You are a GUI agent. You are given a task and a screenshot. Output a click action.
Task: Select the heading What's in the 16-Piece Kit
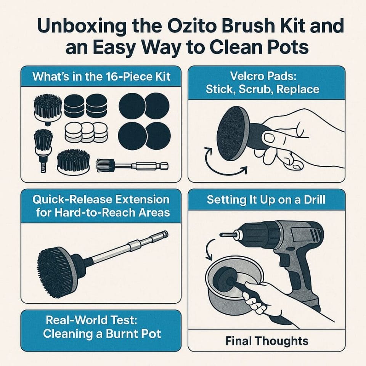101,77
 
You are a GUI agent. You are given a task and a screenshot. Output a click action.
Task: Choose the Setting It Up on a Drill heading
266,199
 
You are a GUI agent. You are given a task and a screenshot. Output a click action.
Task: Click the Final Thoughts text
266,340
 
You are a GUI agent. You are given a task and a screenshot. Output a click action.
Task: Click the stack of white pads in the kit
86,132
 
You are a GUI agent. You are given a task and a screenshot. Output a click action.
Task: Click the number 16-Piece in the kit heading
129,77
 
